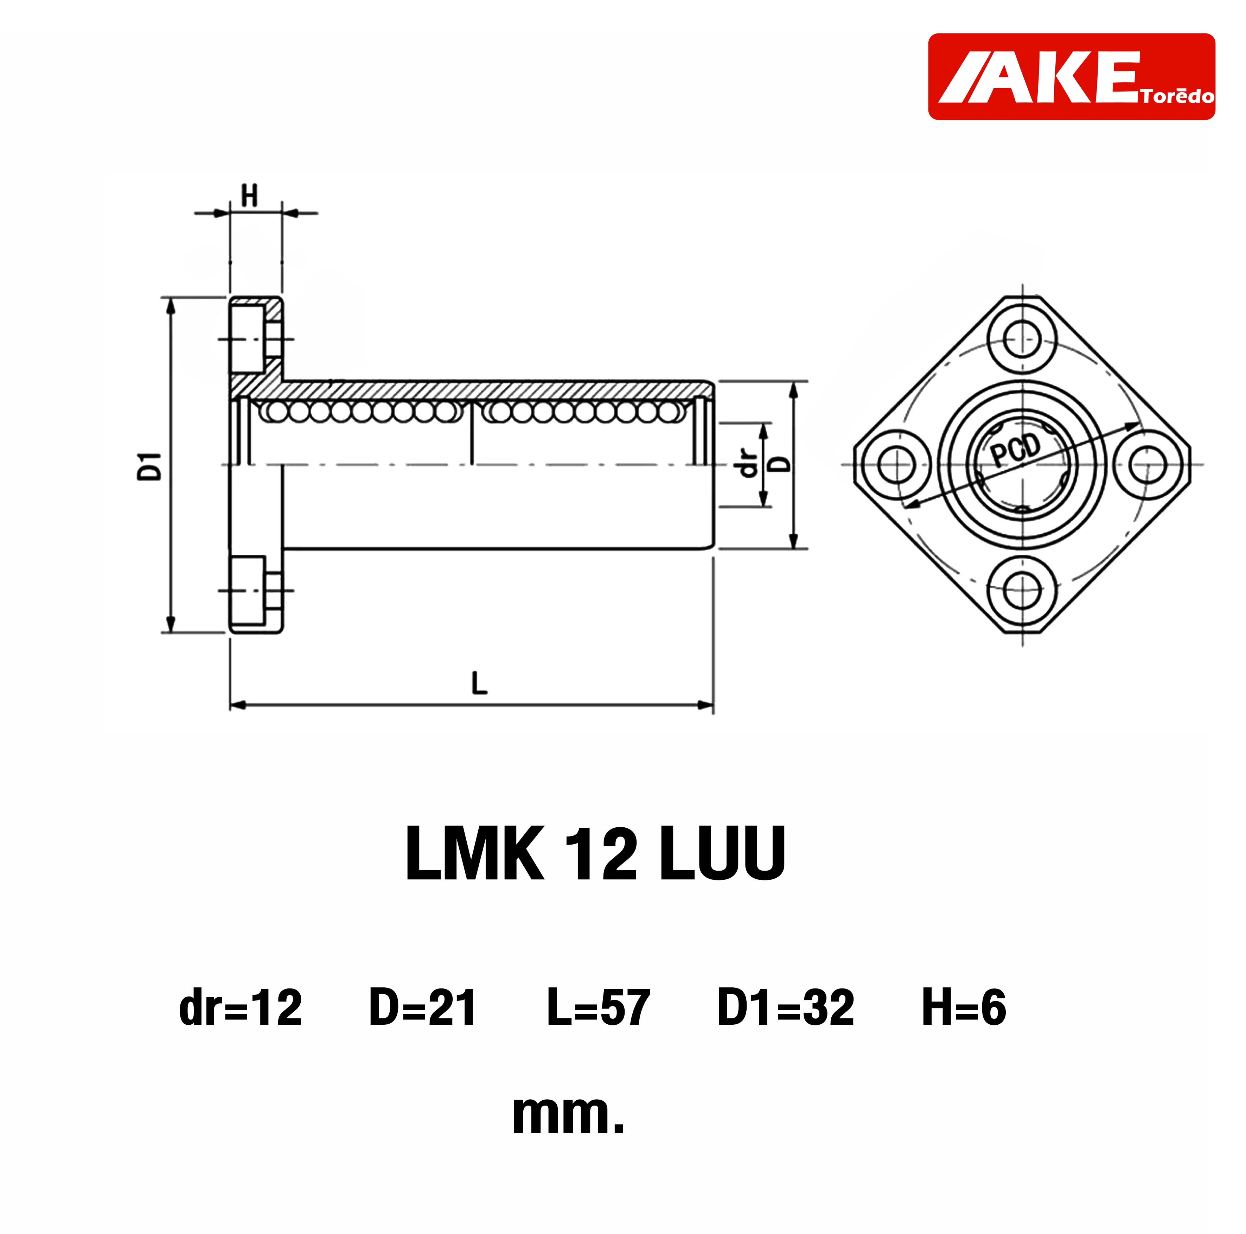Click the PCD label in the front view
[1016, 450]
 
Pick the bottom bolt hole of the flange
[1023, 590]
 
